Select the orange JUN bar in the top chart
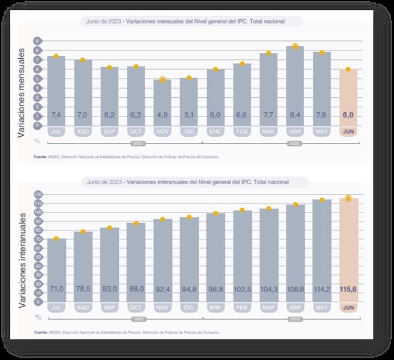tap(348, 96)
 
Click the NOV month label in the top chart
tap(162, 131)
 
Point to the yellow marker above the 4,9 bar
tap(162, 79)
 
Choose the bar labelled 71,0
tap(56, 270)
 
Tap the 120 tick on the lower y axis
tap(38, 195)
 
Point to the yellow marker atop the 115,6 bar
tap(348, 198)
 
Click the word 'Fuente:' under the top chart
tap(41, 157)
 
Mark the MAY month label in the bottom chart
tap(321, 308)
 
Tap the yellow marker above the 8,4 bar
tap(295, 46)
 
